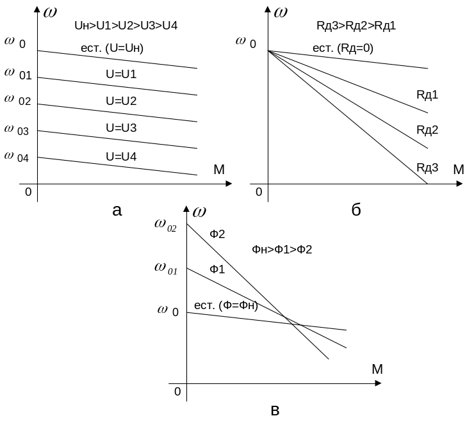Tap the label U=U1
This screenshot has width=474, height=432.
pyautogui.click(x=121, y=74)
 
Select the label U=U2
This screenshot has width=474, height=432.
pyautogui.click(x=121, y=100)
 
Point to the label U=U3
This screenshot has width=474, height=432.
pyautogui.click(x=121, y=127)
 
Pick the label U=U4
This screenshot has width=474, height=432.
pyautogui.click(x=121, y=156)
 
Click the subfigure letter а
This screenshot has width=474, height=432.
pyautogui.click(x=117, y=210)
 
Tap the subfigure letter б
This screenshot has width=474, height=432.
pyautogui.click(x=356, y=210)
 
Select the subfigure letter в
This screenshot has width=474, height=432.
pyautogui.click(x=275, y=410)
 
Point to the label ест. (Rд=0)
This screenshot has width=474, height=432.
pyautogui.click(x=343, y=48)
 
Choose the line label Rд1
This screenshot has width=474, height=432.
pyautogui.click(x=427, y=95)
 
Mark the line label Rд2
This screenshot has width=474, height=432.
pyautogui.click(x=427, y=129)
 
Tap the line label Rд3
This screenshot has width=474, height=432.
pyautogui.click(x=427, y=167)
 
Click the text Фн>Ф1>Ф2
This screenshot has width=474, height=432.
pyautogui.click(x=282, y=249)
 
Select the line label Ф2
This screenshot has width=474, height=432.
pyautogui.click(x=218, y=234)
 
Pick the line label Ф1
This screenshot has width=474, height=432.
pyautogui.click(x=217, y=269)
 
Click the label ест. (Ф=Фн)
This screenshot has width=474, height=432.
pyautogui.click(x=225, y=306)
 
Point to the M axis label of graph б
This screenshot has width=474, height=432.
pyautogui.click(x=458, y=170)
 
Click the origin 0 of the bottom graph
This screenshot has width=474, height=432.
pyautogui.click(x=177, y=391)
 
